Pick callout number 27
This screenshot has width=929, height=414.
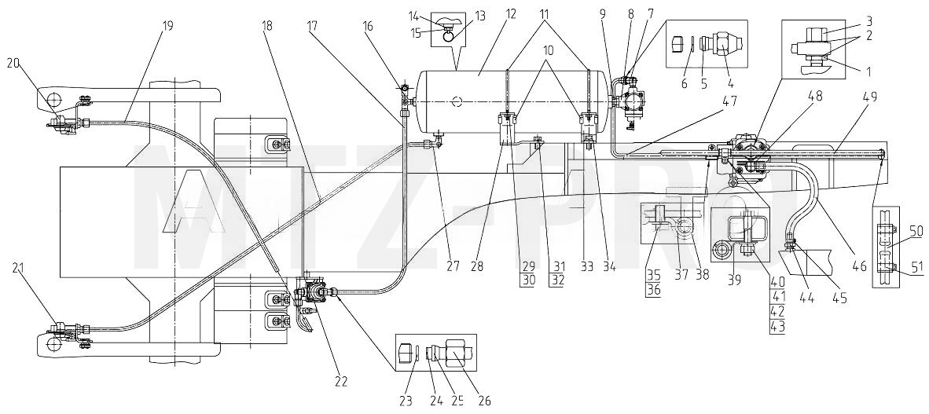pos(453,266)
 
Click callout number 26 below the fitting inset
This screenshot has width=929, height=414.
pos(484,401)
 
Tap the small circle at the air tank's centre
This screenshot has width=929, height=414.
pos(456,102)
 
